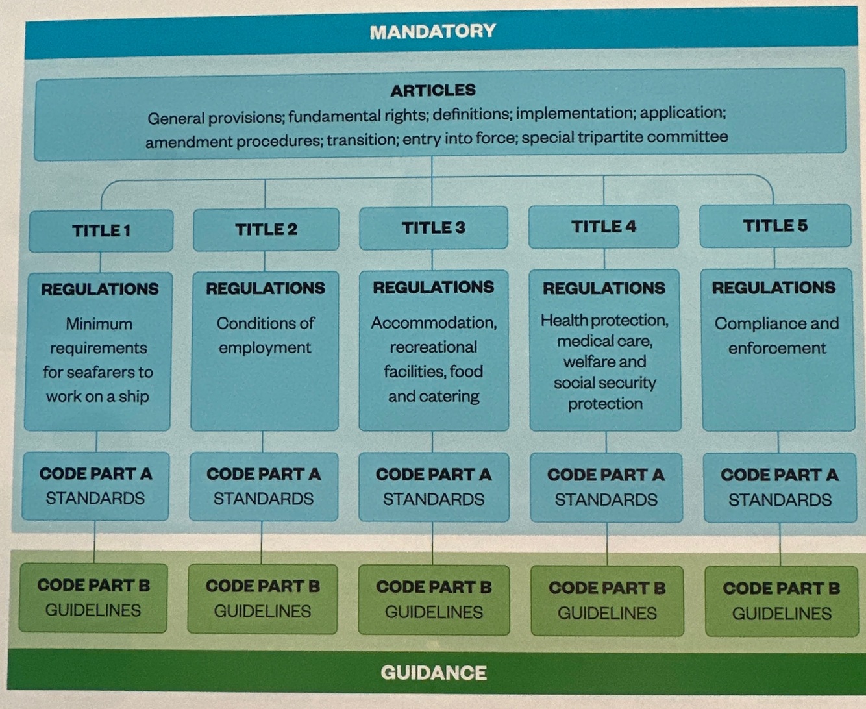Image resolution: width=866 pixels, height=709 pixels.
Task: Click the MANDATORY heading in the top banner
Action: [432, 31]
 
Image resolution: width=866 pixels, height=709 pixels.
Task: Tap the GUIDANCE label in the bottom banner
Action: [434, 672]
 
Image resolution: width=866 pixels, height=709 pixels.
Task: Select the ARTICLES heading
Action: [433, 90]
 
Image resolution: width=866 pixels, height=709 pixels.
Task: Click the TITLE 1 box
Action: [101, 230]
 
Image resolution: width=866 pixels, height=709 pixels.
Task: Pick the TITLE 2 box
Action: [266, 229]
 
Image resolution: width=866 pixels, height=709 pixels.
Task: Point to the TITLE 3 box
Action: [434, 228]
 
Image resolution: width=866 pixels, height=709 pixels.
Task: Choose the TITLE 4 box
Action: [604, 227]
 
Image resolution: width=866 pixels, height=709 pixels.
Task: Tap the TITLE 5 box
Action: [775, 226]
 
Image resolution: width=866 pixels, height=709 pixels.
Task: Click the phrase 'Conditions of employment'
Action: [265, 335]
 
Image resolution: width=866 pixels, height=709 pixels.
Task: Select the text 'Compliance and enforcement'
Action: [777, 336]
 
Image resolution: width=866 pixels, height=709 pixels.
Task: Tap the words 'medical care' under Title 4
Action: [604, 341]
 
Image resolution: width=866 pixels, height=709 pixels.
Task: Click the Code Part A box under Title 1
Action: [95, 486]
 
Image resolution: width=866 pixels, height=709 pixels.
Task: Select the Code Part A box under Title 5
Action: [780, 487]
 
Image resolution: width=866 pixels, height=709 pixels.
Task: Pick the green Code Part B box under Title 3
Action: [434, 599]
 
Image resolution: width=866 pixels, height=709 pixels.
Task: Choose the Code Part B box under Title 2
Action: [262, 598]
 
